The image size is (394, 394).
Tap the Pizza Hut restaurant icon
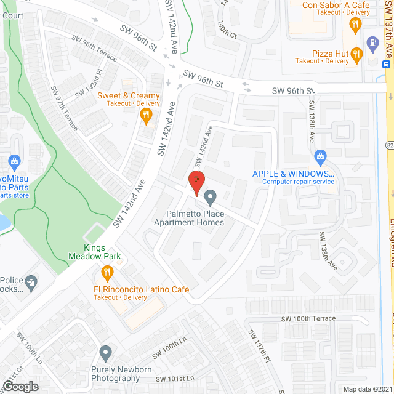tap(356, 56)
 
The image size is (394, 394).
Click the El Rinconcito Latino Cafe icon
tap(107, 273)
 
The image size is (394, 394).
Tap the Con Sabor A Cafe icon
tap(355, 25)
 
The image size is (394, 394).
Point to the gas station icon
tap(372, 43)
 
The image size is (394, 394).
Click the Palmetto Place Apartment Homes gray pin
tap(211, 198)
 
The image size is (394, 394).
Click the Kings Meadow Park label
tap(103, 252)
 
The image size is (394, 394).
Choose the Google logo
tap(20, 386)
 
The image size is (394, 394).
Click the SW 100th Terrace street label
tap(308, 318)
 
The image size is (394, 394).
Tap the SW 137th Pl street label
tap(259, 345)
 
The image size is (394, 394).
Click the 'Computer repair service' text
tap(298, 182)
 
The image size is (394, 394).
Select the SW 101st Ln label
tap(175, 378)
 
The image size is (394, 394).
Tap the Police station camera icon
tap(30, 282)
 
